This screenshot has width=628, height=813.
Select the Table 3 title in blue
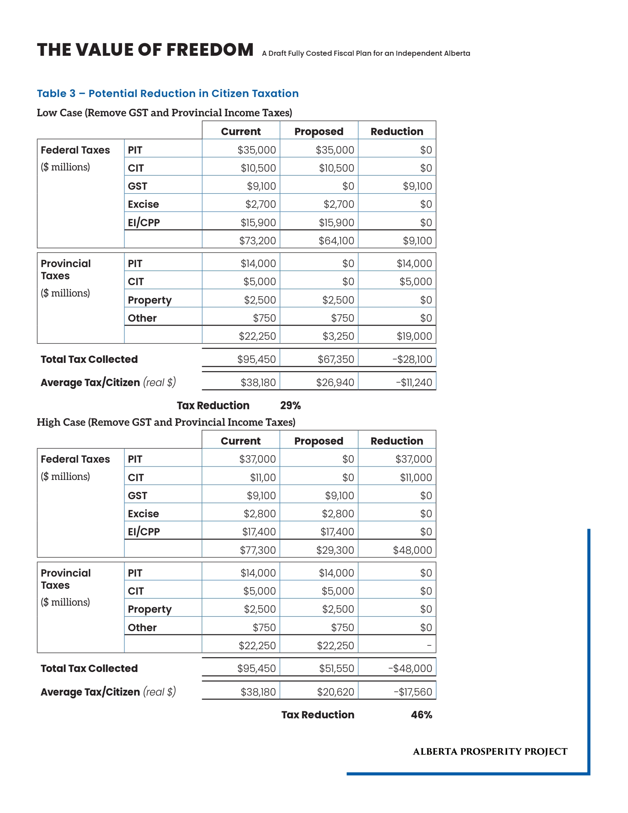pyautogui.click(x=168, y=93)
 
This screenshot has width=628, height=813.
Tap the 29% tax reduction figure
pyautogui.click(x=290, y=405)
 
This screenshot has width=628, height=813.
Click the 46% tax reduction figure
pyautogui.click(x=421, y=715)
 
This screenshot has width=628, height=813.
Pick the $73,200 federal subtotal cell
pyautogui.click(x=257, y=240)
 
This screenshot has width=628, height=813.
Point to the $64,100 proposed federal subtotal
pyautogui.click(x=336, y=240)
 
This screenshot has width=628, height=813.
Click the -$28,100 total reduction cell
pyautogui.click(x=412, y=359)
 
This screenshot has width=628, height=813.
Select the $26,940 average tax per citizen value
pyautogui.click(x=335, y=382)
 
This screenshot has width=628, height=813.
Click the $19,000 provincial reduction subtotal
pyautogui.click(x=414, y=336)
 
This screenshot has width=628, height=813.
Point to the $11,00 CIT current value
pyautogui.click(x=263, y=477)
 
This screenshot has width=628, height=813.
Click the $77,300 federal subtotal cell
pyautogui.click(x=257, y=550)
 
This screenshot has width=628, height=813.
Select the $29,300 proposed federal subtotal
pyautogui.click(x=335, y=550)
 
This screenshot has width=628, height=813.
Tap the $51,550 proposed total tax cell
pyautogui.click(x=336, y=668)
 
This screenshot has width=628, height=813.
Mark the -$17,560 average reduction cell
pyautogui.click(x=413, y=692)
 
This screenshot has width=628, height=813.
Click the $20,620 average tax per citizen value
pyautogui.click(x=336, y=692)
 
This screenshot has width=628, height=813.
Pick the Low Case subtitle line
pyautogui.click(x=164, y=113)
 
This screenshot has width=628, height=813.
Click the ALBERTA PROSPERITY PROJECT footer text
pyautogui.click(x=490, y=751)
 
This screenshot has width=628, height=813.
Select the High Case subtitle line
pyautogui.click(x=166, y=422)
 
